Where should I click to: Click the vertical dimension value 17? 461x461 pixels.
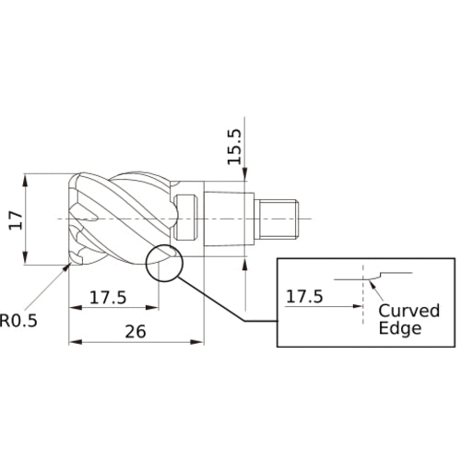(12, 220)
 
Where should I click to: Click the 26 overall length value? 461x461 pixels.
(135, 332)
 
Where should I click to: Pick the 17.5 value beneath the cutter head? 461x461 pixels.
(109, 297)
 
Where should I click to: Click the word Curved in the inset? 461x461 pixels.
(409, 310)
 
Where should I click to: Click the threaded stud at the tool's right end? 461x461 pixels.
(280, 218)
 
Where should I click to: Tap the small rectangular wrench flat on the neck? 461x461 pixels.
(189, 218)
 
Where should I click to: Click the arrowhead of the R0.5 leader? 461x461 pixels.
(66, 267)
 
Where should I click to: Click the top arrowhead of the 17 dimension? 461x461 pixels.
(28, 177)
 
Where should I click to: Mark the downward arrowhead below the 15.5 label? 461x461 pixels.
(246, 175)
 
